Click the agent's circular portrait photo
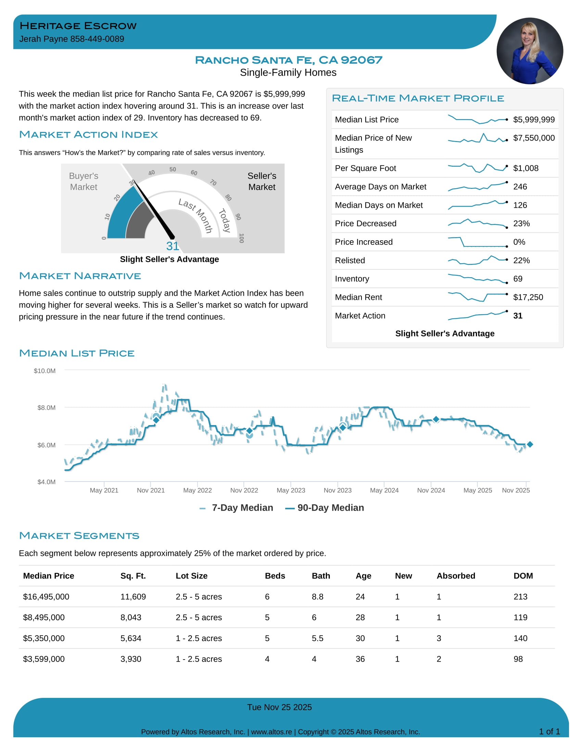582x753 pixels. (x=530, y=51)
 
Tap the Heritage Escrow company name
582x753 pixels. (x=78, y=26)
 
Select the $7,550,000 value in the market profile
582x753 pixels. (x=534, y=138)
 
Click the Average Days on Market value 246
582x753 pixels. (x=520, y=187)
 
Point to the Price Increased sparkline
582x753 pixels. (x=478, y=242)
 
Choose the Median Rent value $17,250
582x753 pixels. (x=528, y=297)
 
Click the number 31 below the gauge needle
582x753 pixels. (x=173, y=246)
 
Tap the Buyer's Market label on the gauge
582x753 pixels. (x=84, y=181)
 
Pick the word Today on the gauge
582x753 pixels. (x=225, y=220)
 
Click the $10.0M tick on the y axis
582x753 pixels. (x=45, y=371)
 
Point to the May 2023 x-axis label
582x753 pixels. (x=291, y=490)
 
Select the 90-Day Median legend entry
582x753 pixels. (x=325, y=508)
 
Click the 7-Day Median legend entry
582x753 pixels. (x=237, y=508)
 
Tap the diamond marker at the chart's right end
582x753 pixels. (x=530, y=444)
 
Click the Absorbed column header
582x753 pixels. (x=455, y=576)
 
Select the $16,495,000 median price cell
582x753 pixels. (x=46, y=597)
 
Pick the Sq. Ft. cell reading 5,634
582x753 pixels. (x=131, y=638)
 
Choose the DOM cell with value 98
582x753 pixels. (x=518, y=659)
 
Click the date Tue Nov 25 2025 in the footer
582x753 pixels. (x=279, y=707)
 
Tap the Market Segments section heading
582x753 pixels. (x=79, y=536)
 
